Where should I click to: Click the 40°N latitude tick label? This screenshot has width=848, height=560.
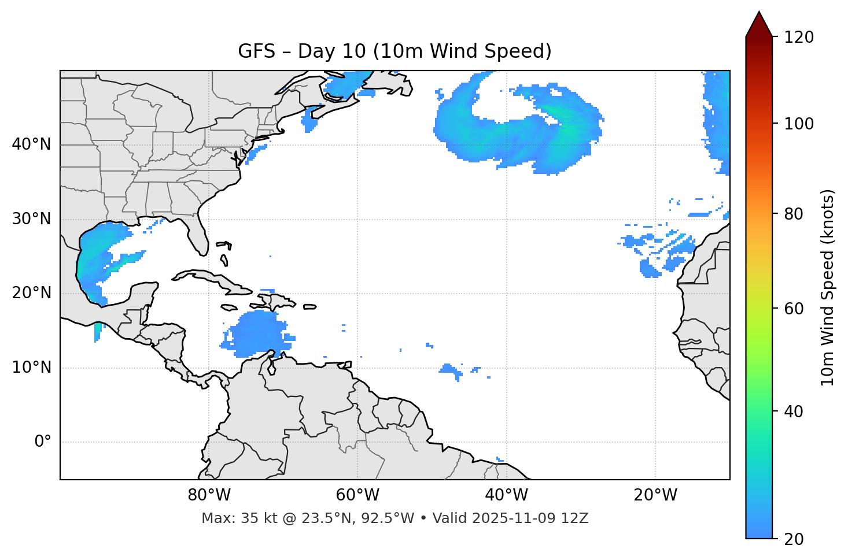31,144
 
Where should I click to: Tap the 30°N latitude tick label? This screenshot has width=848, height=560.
31,219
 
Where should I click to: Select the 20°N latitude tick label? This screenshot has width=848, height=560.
31,293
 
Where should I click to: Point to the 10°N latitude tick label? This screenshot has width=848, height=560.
31,368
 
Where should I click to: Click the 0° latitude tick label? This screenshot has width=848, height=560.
43,442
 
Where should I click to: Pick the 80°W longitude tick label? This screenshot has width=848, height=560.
209,495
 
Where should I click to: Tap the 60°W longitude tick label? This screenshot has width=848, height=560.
357,495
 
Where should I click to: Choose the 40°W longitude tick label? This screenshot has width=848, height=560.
506,495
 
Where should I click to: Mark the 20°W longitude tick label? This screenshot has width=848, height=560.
655,495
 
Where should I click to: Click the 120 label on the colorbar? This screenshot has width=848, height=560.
799,38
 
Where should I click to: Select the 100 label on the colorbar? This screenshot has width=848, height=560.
799,124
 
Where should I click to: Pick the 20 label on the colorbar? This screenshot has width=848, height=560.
794,539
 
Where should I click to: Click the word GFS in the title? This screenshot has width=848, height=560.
256,51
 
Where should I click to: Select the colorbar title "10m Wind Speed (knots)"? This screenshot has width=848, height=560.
828,288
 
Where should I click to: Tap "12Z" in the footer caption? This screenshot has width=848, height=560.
576,518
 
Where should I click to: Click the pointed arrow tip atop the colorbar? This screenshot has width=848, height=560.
759,14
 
